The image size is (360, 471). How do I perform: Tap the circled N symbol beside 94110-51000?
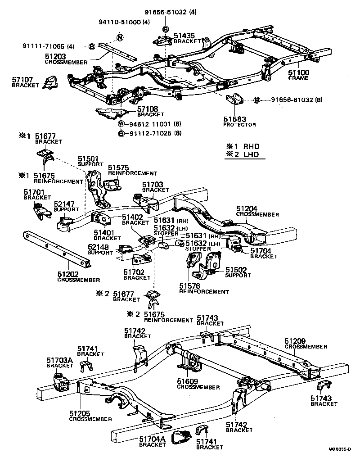[x=120, y=38]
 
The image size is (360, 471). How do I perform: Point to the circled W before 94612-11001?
[x=121, y=124]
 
